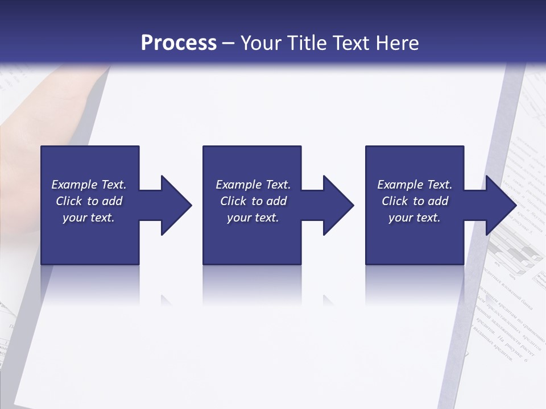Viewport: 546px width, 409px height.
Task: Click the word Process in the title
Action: (x=179, y=43)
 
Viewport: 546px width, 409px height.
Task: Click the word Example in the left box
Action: (x=75, y=185)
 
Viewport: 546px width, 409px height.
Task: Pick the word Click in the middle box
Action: (x=234, y=201)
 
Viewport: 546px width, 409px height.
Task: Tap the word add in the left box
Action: (x=112, y=201)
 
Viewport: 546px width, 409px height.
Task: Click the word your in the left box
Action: (x=75, y=218)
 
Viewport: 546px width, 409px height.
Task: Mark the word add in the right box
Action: (x=438, y=201)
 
